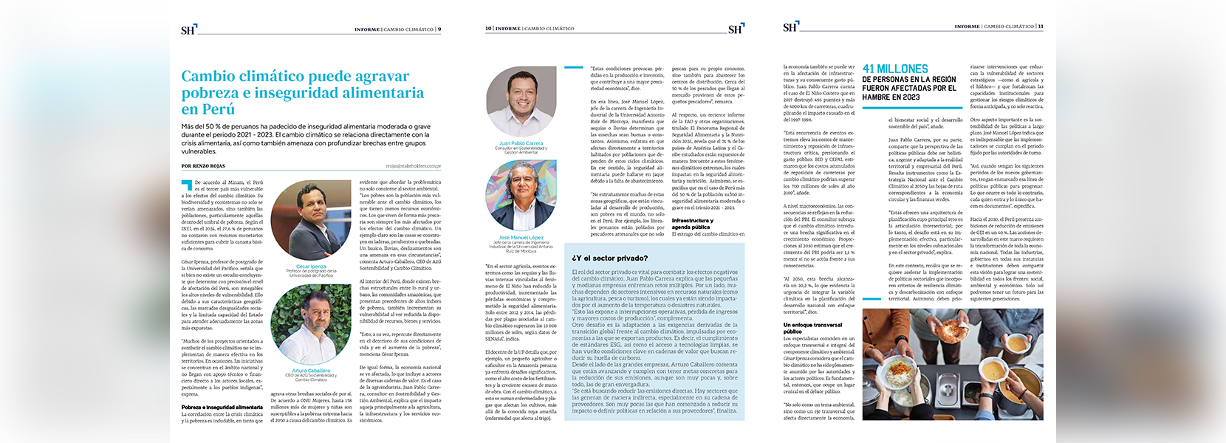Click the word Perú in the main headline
pyautogui.click(x=219, y=109)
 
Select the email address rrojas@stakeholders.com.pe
pyautogui.click(x=413, y=166)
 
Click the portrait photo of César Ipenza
pyautogui.click(x=311, y=222)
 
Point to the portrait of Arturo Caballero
pyautogui.click(x=311, y=326)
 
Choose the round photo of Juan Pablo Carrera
pyautogui.click(x=521, y=102)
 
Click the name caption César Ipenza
pyautogui.click(x=311, y=266)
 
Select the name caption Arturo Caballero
pyautogui.click(x=311, y=371)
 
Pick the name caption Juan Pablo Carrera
pyautogui.click(x=521, y=143)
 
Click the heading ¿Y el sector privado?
pyautogui.click(x=609, y=258)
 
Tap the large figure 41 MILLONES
pyautogui.click(x=895, y=69)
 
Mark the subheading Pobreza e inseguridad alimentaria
pyautogui.click(x=222, y=408)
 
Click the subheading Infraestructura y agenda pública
pyautogui.click(x=692, y=224)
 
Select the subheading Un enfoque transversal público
pyautogui.click(x=812, y=328)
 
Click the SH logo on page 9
pyautogui.click(x=188, y=30)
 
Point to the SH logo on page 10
pyautogui.click(x=735, y=29)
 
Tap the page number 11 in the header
pyautogui.click(x=1041, y=27)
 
